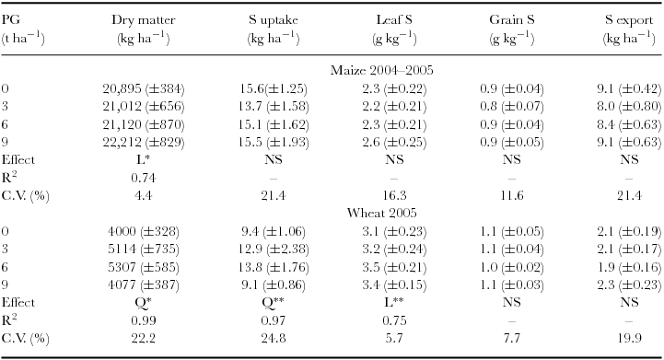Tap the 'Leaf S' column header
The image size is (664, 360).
pyautogui.click(x=391, y=18)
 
